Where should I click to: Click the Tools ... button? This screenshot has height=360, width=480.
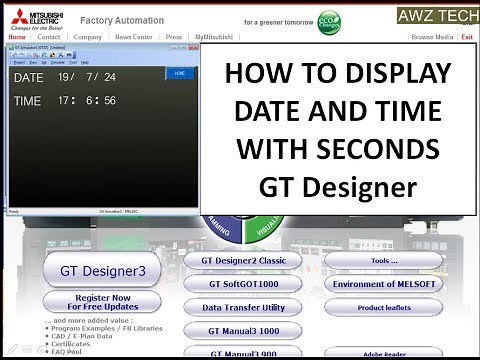pyautogui.click(x=384, y=260)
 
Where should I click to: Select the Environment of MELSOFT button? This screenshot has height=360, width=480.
pyautogui.click(x=384, y=284)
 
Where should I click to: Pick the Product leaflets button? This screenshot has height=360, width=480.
pyautogui.click(x=384, y=308)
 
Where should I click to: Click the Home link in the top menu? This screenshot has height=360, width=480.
pyautogui.click(x=17, y=36)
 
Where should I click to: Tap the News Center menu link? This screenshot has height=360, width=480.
pyautogui.click(x=133, y=36)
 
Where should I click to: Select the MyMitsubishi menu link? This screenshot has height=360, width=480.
pyautogui.click(x=217, y=36)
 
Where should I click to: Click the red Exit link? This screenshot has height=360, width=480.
pyautogui.click(x=467, y=36)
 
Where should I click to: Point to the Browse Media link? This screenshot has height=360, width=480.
pyautogui.click(x=432, y=36)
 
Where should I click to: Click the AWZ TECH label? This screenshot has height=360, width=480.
pyautogui.click(x=437, y=16)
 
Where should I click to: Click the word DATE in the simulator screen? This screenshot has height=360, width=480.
pyautogui.click(x=28, y=77)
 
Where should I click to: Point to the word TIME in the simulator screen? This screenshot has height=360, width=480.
pyautogui.click(x=28, y=101)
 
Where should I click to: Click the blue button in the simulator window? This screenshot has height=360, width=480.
pyautogui.click(x=179, y=73)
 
